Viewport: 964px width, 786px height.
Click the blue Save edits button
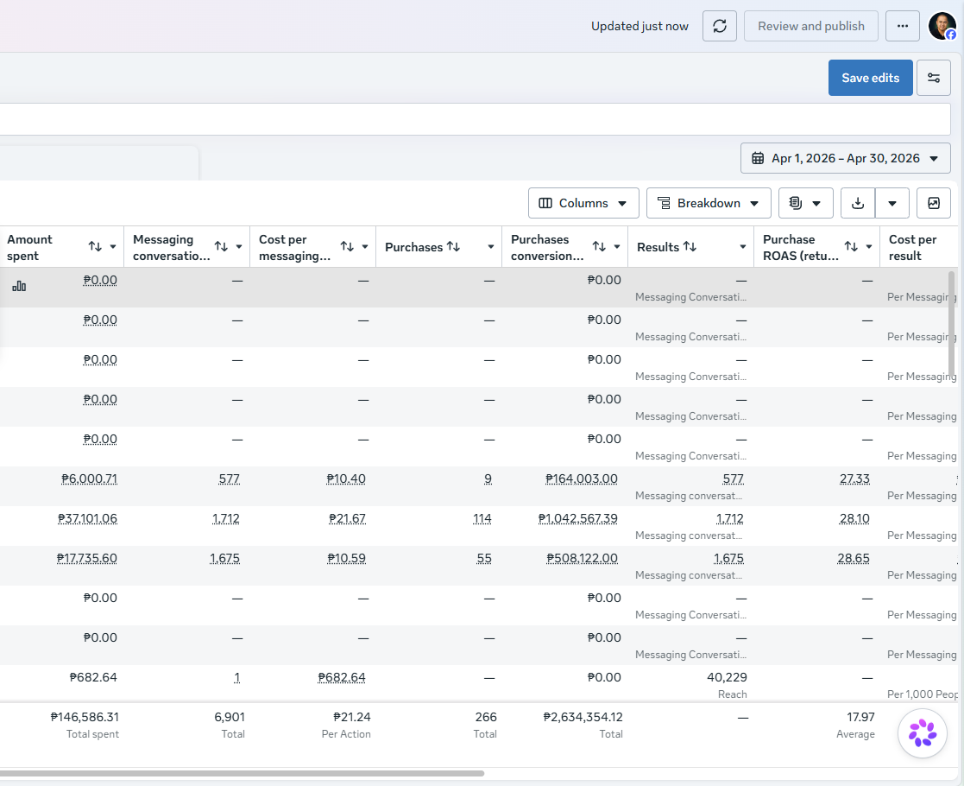pos(870,78)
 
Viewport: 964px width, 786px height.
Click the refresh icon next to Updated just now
pos(719,26)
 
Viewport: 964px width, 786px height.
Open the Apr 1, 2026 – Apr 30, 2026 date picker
pos(846,158)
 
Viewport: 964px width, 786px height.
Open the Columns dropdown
pos(583,203)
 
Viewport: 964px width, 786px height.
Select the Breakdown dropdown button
pos(709,203)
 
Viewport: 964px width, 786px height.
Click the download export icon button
pos(858,203)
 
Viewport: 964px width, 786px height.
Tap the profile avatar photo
pos(942,26)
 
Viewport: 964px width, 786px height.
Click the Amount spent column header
pos(29,247)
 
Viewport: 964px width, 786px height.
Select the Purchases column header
pos(413,247)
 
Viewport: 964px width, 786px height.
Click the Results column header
pos(658,247)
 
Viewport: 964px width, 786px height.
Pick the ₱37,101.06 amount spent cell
pos(87,518)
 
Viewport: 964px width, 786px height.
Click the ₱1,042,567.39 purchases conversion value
pos(578,518)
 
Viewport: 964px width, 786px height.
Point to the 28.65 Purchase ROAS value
pos(854,558)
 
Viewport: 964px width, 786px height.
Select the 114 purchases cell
pos(482,518)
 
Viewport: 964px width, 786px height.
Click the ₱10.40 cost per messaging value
pos(346,479)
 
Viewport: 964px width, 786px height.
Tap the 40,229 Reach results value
pos(727,677)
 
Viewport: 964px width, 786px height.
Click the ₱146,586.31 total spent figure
pos(85,717)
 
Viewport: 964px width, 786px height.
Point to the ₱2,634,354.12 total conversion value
pos(583,717)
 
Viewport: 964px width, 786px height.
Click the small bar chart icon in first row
pos(19,286)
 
